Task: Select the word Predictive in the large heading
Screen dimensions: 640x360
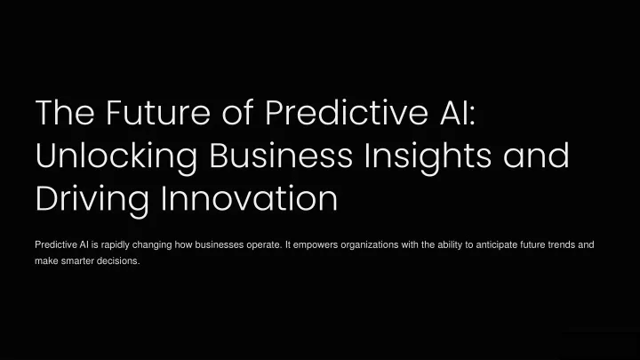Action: [347, 112]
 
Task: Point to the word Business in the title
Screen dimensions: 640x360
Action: [281, 155]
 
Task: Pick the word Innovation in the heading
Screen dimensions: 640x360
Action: [249, 198]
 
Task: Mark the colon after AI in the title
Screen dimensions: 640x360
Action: [473, 116]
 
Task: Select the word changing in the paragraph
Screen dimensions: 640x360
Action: [152, 245]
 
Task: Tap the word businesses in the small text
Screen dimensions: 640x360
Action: [220, 245]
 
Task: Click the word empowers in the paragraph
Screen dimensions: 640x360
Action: [316, 245]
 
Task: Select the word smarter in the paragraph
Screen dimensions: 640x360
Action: [76, 260]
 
